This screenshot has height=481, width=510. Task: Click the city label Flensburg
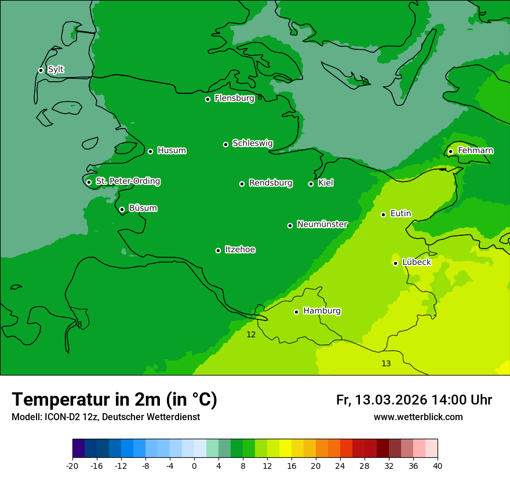tap(234, 99)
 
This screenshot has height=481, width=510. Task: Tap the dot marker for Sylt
tap(41, 70)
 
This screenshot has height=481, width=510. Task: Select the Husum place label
tap(172, 151)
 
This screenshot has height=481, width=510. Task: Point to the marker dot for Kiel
tap(311, 184)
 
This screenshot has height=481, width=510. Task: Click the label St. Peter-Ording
tap(128, 181)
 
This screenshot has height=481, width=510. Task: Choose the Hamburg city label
tap(322, 311)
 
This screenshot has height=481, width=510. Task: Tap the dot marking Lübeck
tap(395, 263)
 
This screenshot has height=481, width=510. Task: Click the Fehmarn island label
tap(475, 151)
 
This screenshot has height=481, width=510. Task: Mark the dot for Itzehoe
tap(218, 250)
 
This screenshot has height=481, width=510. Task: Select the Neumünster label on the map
tap(322, 224)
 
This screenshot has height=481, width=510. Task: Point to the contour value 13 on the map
tap(386, 363)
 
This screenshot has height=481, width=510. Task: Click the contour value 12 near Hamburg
tap(251, 334)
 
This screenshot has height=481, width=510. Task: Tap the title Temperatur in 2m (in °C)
tap(114, 399)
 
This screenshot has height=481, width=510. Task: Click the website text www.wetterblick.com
tap(418, 417)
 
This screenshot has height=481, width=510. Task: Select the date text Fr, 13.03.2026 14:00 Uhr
tap(414, 400)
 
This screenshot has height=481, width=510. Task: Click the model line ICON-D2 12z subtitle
tap(105, 417)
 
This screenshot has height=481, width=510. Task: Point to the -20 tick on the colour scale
tap(72, 465)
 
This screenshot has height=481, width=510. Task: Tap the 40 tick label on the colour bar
tap(438, 465)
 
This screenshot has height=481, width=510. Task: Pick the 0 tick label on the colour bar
tap(194, 465)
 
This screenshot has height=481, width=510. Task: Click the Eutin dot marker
tap(383, 214)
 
